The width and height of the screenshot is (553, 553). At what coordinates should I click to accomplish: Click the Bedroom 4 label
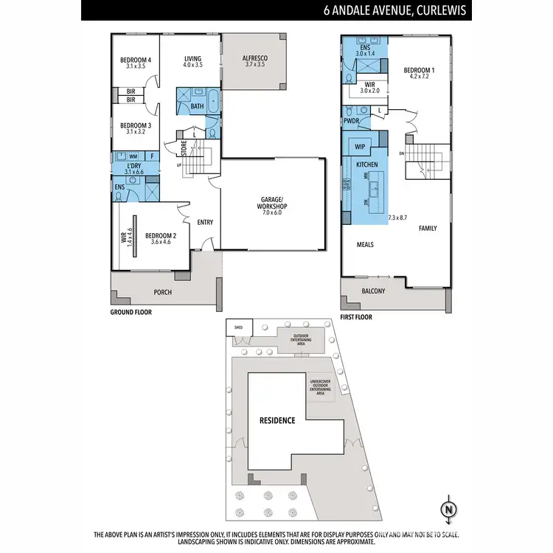click(136, 60)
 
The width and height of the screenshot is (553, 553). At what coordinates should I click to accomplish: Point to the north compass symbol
click(448, 509)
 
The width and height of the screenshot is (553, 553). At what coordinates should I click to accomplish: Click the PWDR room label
click(351, 121)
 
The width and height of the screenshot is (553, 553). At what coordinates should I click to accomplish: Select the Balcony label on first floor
click(373, 291)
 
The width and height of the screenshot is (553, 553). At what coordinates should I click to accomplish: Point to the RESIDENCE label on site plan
click(276, 421)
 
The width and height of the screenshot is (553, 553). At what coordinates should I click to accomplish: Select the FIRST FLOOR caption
click(357, 317)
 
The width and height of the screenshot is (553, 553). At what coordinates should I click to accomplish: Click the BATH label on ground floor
click(197, 106)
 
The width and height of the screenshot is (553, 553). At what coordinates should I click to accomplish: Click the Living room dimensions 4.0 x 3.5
click(192, 66)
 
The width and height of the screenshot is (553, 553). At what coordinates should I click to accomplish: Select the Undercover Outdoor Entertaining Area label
click(321, 386)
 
